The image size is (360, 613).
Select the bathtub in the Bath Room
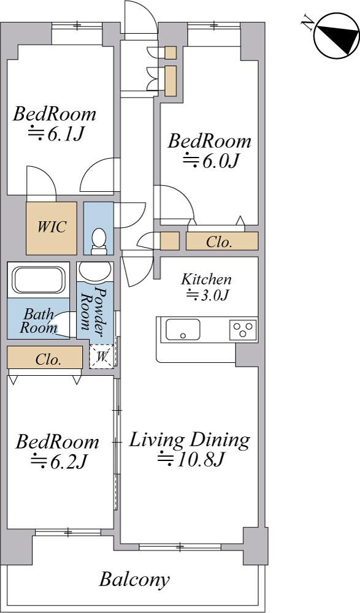(x=39, y=280)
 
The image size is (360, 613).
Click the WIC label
(x=52, y=227)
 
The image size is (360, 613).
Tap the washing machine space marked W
(x=102, y=356)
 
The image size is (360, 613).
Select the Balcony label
(x=134, y=579)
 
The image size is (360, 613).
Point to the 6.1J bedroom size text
(x=57, y=134)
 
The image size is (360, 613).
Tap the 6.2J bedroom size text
(x=58, y=462)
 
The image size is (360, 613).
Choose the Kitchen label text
(x=206, y=280)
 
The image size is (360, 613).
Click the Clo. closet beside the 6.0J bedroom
(x=222, y=241)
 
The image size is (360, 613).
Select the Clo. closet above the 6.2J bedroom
(x=45, y=357)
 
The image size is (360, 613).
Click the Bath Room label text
(x=38, y=321)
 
